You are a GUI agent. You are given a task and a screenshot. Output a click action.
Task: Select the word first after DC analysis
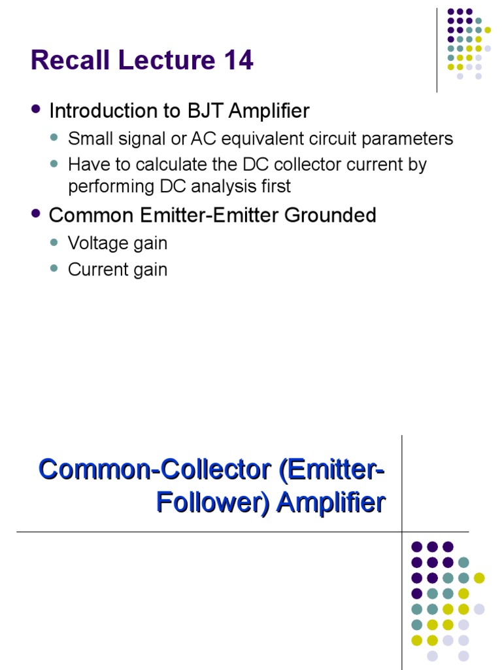point(275,186)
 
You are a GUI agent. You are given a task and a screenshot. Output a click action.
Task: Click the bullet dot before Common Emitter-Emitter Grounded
point(36,215)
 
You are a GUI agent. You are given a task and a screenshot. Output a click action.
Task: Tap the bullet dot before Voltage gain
point(56,243)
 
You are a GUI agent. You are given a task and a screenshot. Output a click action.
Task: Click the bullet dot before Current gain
point(56,269)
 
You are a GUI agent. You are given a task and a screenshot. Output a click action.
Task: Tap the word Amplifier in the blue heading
point(331,502)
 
